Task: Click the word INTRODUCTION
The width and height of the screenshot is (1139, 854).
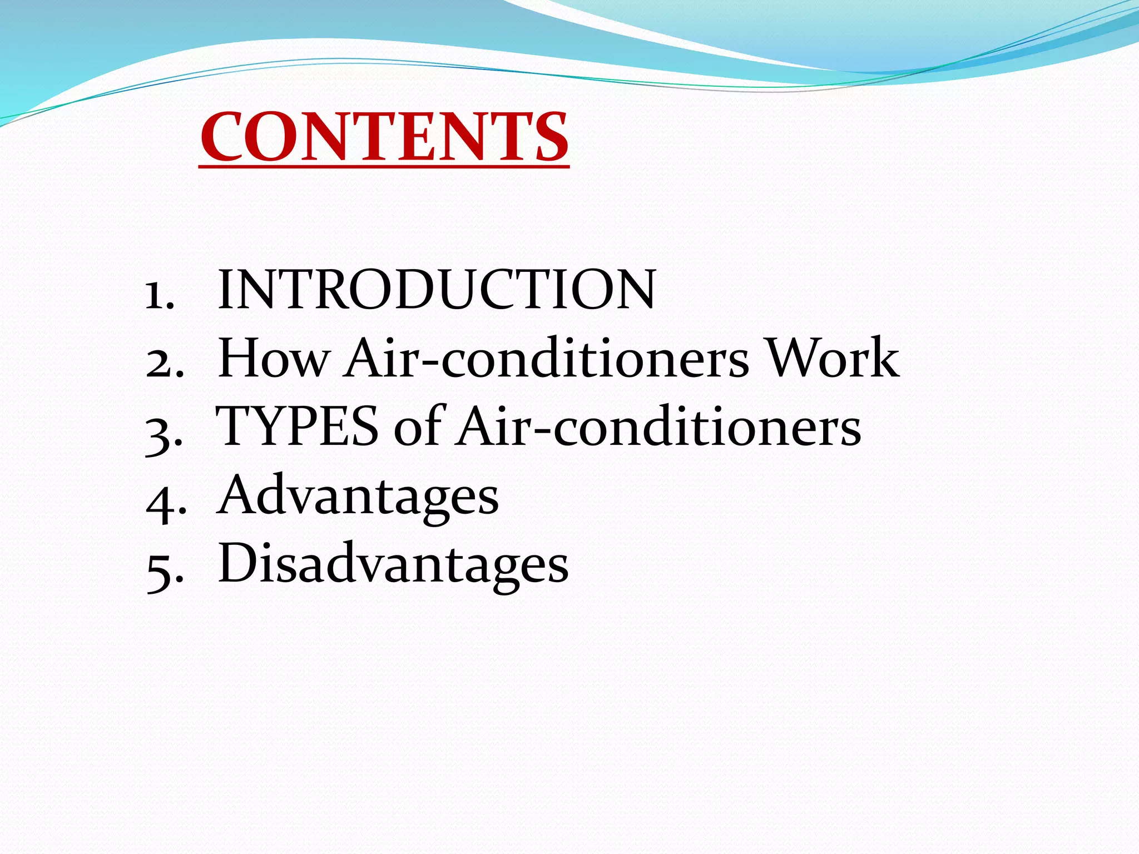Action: pyautogui.click(x=437, y=290)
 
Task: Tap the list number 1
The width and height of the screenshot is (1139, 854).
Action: pyautogui.click(x=159, y=294)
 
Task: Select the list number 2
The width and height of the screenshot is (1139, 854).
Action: pyautogui.click(x=165, y=364)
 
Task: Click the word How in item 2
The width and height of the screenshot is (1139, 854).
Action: pyautogui.click(x=274, y=358)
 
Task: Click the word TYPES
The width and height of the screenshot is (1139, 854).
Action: pyautogui.click(x=297, y=426)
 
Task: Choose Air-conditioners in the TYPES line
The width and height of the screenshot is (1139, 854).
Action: pyautogui.click(x=658, y=426)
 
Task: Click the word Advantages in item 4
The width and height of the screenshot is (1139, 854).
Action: pyautogui.click(x=359, y=495)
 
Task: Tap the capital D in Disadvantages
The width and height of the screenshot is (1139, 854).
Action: pyautogui.click(x=239, y=563)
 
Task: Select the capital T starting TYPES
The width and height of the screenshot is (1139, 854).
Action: pyautogui.click(x=236, y=426)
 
